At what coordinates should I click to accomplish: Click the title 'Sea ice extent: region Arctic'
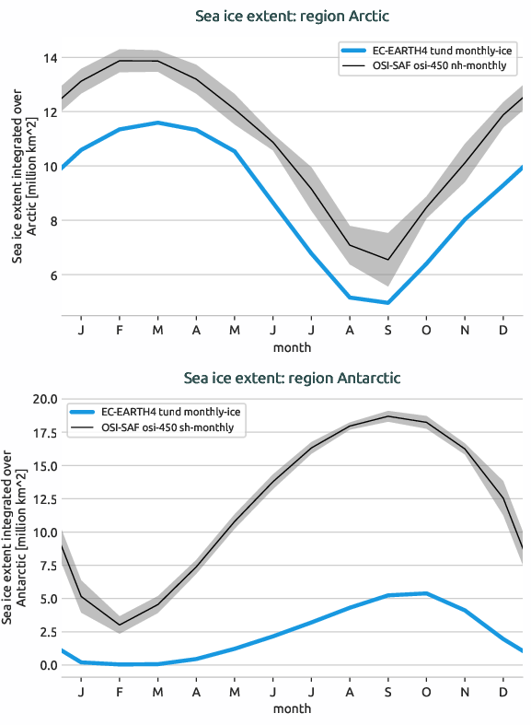292,17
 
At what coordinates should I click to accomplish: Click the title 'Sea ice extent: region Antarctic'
292,378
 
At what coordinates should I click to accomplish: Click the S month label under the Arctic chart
388,330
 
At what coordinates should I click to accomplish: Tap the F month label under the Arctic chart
120,330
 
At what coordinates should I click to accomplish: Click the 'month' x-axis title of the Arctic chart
292,347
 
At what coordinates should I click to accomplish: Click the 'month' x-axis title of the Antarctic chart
292,708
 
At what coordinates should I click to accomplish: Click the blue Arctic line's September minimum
388,302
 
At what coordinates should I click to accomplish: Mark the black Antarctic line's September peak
388,416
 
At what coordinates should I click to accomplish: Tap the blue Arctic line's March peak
158,123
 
